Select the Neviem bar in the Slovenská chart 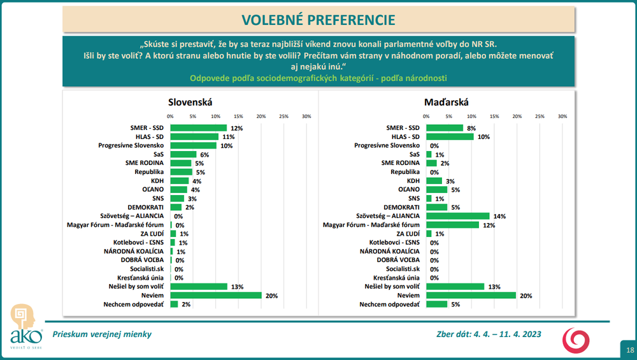(x=215, y=296)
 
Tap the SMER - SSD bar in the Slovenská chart (x=198, y=128)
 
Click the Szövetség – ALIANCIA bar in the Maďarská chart (x=457, y=216)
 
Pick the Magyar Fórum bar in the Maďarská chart (x=452, y=225)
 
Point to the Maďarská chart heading (x=446, y=101)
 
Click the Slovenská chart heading (x=190, y=101)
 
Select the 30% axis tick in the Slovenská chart (x=306, y=117)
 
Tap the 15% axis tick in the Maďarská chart (x=494, y=117)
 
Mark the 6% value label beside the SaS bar (x=204, y=155)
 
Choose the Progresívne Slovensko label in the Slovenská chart (x=131, y=146)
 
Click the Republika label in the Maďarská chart (x=405, y=172)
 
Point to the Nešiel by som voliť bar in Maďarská (x=455, y=287)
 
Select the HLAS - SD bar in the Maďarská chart (x=450, y=137)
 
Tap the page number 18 (x=629, y=350)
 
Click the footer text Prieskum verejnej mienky (x=102, y=334)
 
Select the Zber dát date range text (x=484, y=334)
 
